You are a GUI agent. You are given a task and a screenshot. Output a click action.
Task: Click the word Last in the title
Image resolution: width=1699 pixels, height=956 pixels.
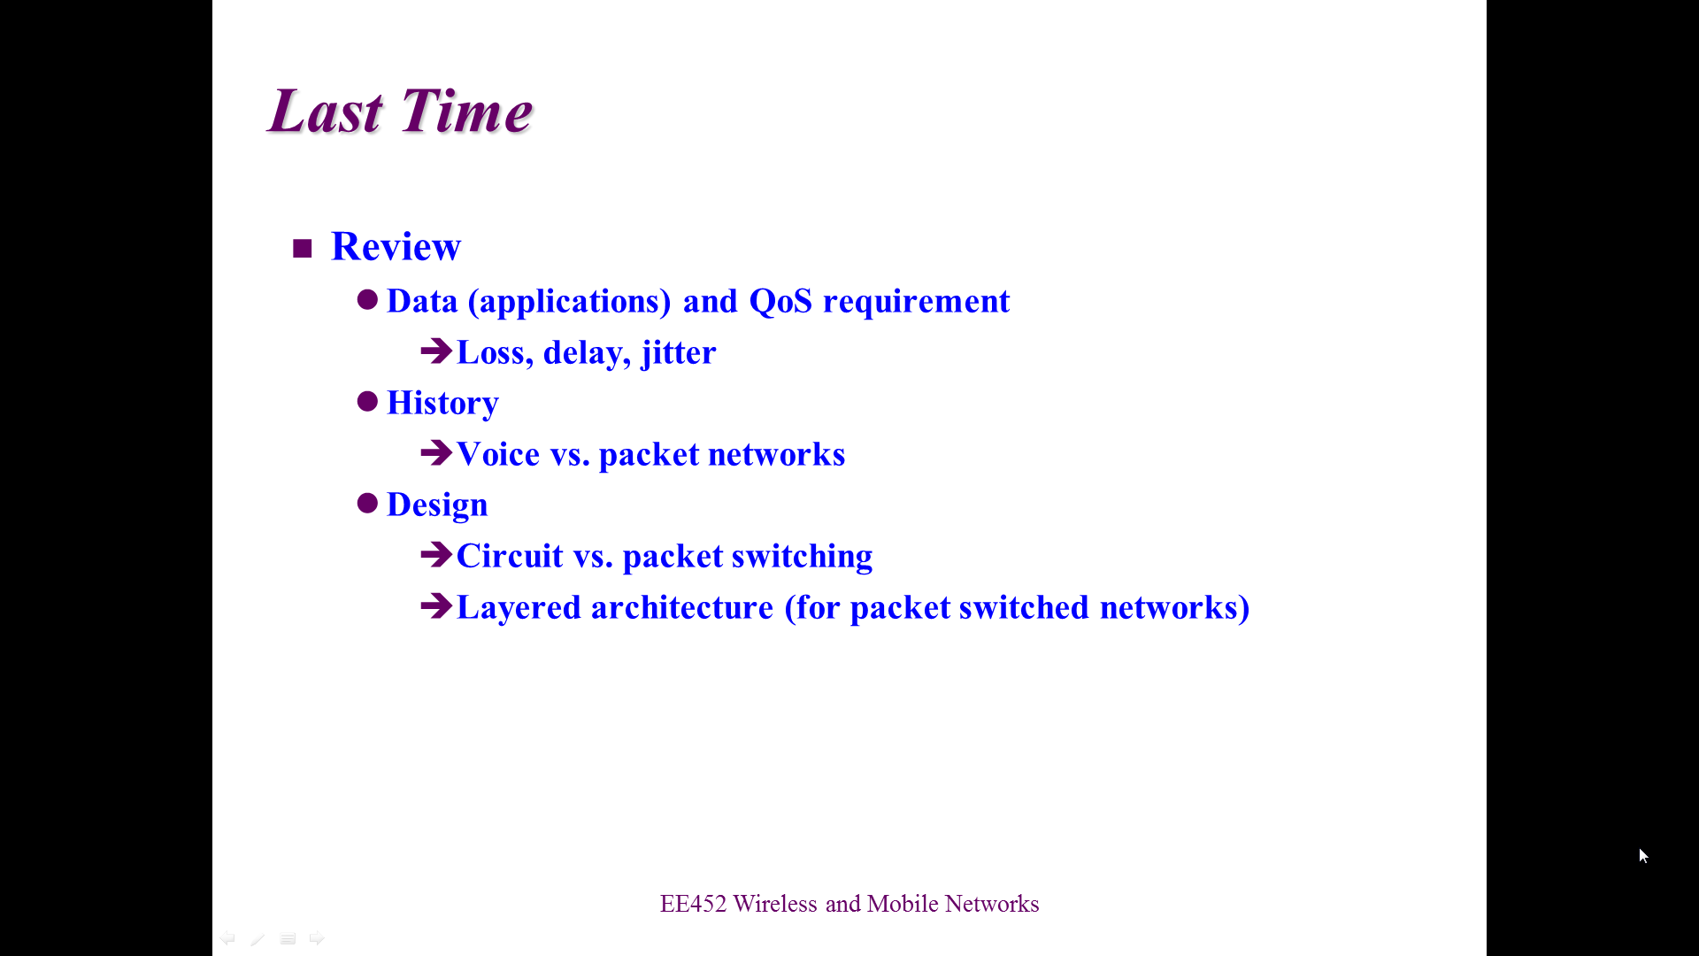coord(326,111)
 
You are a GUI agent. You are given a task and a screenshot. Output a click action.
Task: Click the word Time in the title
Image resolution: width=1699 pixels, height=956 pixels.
coord(466,111)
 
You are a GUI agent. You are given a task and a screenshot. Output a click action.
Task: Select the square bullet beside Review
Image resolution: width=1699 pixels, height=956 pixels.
coord(303,248)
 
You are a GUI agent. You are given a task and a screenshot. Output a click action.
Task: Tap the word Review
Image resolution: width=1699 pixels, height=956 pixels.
coord(396,246)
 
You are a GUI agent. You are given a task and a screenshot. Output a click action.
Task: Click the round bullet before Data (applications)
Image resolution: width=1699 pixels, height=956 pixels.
coord(367,300)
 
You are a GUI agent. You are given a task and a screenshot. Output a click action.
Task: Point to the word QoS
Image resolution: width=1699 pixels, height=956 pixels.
coord(780,301)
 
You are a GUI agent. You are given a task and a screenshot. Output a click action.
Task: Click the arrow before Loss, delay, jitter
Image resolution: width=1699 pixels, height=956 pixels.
coord(436,351)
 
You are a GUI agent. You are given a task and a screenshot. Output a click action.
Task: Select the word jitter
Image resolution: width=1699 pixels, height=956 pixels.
coord(679,352)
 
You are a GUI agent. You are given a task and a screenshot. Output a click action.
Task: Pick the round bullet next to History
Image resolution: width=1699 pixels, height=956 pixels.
coord(367,402)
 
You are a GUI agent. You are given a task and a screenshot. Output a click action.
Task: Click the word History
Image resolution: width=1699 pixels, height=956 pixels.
coord(442,404)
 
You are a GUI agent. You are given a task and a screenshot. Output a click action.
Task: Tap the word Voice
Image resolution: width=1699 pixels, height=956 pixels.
coord(498,454)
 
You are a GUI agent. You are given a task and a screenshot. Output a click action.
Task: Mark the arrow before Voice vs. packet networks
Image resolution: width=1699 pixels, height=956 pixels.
coord(436,453)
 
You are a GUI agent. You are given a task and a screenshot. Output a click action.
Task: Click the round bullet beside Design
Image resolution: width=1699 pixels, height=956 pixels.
coord(367,504)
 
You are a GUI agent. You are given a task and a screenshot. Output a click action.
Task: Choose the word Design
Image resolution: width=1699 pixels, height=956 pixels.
coord(437,505)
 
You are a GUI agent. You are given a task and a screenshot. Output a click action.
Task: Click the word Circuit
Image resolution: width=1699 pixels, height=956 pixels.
coord(510,556)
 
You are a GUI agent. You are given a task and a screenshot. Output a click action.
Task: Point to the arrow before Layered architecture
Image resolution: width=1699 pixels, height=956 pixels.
coord(436,606)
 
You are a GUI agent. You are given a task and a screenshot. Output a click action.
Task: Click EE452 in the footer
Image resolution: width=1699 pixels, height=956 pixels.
coord(693,904)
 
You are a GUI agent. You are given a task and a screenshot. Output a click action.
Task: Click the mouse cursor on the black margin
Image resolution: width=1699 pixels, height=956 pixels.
coord(1643,856)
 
